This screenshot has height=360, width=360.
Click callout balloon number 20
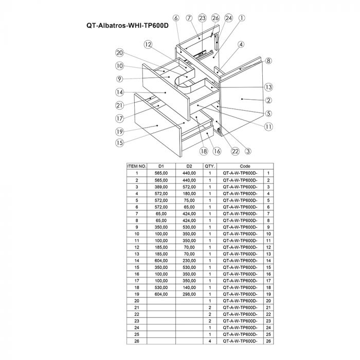(x=119, y=53)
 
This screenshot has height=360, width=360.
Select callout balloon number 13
(x=268, y=86)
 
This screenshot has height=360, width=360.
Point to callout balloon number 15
(x=119, y=142)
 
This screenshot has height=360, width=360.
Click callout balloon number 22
(x=236, y=151)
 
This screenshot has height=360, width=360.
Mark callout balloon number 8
(x=268, y=61)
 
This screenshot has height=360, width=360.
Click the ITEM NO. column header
(x=137, y=167)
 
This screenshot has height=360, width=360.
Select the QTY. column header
(x=210, y=167)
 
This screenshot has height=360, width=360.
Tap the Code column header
(x=245, y=167)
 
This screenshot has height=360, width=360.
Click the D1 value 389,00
(x=161, y=187)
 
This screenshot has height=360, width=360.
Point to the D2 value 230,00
(x=189, y=260)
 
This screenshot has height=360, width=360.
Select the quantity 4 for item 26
(x=210, y=340)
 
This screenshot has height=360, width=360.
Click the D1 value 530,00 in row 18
(x=161, y=287)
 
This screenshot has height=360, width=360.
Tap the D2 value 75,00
(x=189, y=200)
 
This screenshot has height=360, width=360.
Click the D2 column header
(x=189, y=167)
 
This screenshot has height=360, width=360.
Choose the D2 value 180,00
(x=189, y=193)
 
